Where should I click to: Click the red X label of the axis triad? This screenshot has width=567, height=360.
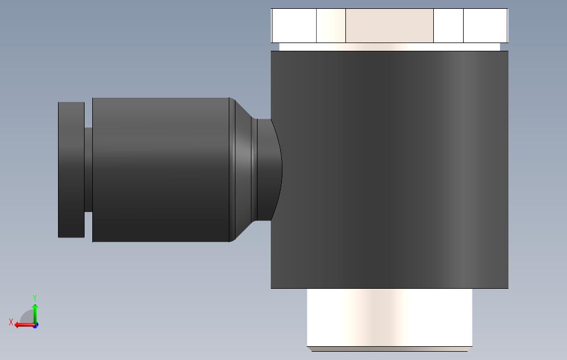(11, 321)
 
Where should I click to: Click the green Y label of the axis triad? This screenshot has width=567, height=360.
(35, 298)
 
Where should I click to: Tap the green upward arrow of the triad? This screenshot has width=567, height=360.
(35, 314)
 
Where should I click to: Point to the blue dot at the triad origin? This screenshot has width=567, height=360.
(36, 326)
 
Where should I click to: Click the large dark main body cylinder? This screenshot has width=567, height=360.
(390, 170)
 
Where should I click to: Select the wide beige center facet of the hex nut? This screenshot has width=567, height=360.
(390, 25)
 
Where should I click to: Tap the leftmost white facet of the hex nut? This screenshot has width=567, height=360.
(293, 25)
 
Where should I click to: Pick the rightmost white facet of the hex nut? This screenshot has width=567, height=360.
(486, 25)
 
